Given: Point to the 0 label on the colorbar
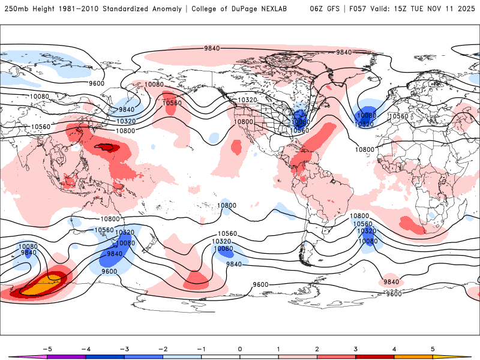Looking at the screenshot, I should [x=239, y=348].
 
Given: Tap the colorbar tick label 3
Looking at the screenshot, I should [x=355, y=348].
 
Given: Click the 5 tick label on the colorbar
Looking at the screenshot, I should [x=433, y=348].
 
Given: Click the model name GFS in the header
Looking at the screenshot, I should [x=328, y=9].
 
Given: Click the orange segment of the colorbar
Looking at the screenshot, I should [x=413, y=358].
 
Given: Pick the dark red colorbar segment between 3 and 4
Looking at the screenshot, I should [x=374, y=358].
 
